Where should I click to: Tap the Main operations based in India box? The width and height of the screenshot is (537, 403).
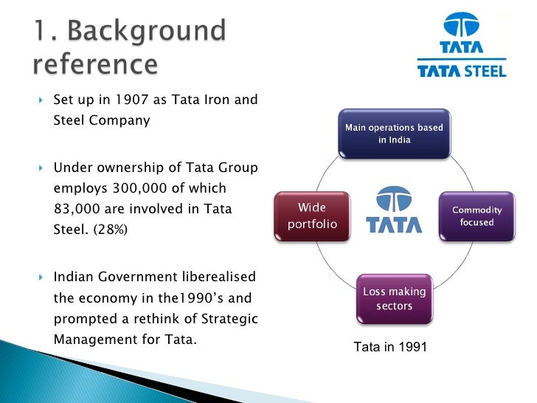click(x=394, y=134)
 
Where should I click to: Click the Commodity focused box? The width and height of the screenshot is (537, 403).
click(x=477, y=216)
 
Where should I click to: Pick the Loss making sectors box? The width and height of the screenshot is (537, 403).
click(x=394, y=298)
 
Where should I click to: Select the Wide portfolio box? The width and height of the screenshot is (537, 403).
click(x=311, y=216)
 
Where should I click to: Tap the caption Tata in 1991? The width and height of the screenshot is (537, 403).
click(x=390, y=346)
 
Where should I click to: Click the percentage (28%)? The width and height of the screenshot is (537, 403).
click(x=111, y=230)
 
